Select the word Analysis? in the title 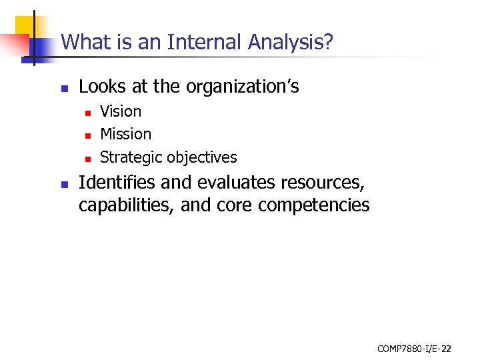tap(291, 43)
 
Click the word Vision tap(121, 111)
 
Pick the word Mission tap(125, 134)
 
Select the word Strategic tap(131, 157)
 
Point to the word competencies tap(313, 205)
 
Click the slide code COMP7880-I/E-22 tap(414, 348)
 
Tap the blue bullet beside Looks tap(64, 87)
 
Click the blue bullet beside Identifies tap(64, 183)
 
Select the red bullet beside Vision tap(87, 112)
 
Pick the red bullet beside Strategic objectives tap(87, 158)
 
